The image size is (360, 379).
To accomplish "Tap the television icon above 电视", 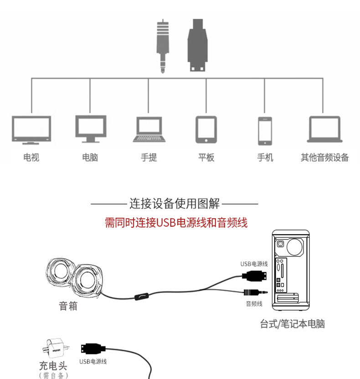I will (31, 129).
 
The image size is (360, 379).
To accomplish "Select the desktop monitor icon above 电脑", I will (90, 129).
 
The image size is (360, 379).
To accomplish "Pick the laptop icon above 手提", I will (149, 130).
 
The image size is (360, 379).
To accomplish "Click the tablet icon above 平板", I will (206, 130).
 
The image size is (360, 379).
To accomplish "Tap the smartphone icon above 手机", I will (265, 130).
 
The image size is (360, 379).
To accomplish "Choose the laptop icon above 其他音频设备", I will (324, 130).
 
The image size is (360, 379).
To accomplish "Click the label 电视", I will (31, 158).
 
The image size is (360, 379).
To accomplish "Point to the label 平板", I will (206, 158).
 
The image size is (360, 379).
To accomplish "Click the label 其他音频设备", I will (324, 158).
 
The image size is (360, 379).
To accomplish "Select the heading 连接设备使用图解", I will (175, 203).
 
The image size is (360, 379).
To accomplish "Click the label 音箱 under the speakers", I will (68, 306).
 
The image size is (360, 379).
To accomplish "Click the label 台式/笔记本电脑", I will (292, 324).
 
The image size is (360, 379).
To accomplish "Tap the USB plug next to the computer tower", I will (255, 275).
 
